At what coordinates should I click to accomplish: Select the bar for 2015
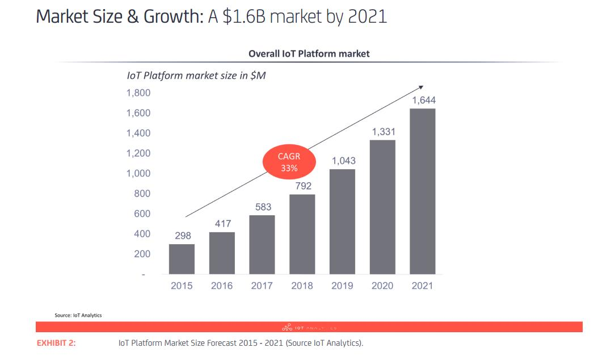(x=182, y=259)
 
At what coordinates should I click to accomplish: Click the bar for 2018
(x=302, y=234)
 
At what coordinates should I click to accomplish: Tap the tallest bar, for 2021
(x=423, y=191)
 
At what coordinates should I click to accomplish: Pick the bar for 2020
(x=382, y=207)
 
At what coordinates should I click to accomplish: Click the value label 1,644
(x=423, y=101)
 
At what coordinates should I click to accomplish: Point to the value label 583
(x=263, y=207)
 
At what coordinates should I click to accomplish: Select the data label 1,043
(x=343, y=161)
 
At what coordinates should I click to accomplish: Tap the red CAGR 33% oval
(x=289, y=162)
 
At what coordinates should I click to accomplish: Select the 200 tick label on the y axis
(x=142, y=254)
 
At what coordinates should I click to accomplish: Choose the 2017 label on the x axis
(x=262, y=286)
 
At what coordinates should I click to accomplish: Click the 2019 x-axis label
(x=343, y=286)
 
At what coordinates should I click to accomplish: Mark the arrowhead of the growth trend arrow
(x=421, y=87)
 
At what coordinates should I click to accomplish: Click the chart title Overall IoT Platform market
(x=309, y=53)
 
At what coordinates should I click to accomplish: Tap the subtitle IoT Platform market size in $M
(x=196, y=76)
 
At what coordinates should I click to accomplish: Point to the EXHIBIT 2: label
(x=56, y=343)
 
